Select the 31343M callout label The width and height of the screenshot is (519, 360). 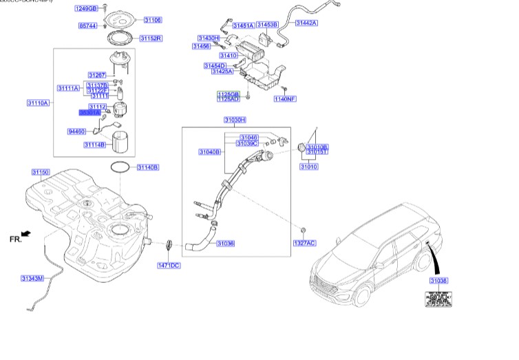pos(32,278)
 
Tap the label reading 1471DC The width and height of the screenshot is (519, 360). pos(168,265)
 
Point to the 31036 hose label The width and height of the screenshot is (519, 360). pos(225,243)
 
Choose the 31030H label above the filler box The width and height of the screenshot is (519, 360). pos(234,120)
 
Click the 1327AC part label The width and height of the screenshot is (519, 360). pos(304,243)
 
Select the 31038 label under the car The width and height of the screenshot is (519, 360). pos(438,280)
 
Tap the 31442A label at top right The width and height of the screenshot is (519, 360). pos(306,23)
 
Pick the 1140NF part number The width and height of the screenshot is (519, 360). pos(284,99)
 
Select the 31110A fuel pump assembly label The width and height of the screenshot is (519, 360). pos(38,103)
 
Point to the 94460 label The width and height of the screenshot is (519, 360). pos(76,131)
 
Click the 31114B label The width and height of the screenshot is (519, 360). pos(94,145)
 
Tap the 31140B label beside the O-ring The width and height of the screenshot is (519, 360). pos(147,167)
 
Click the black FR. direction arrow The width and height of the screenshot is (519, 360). pos(26,235)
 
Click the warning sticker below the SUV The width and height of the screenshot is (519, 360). pos(437,299)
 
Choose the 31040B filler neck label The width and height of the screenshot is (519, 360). pos(209,151)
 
